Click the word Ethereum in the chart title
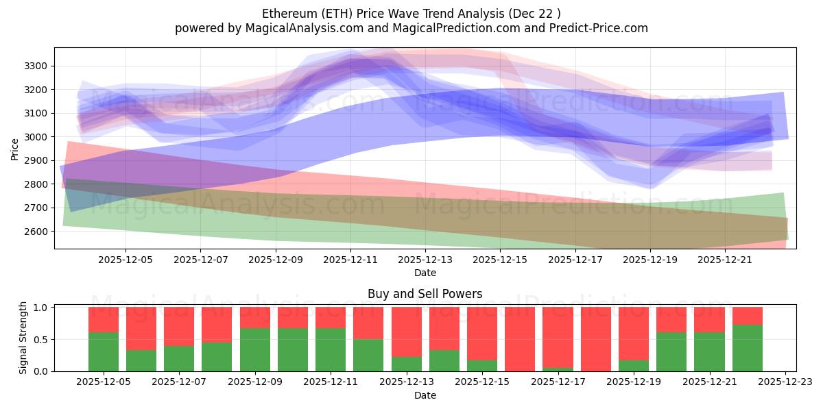(x=285, y=14)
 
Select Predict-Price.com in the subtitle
(x=594, y=28)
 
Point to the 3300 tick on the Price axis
(x=37, y=66)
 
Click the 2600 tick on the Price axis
(x=37, y=232)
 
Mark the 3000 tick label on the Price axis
(x=37, y=137)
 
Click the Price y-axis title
(x=15, y=149)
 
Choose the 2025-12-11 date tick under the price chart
(x=350, y=260)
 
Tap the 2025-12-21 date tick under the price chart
(x=726, y=260)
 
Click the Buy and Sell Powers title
(x=425, y=294)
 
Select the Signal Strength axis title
(x=23, y=338)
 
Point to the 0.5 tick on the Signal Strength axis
(x=41, y=339)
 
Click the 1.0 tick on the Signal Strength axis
(x=41, y=308)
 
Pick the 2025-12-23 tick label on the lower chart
(x=785, y=382)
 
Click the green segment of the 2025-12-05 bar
(x=104, y=351)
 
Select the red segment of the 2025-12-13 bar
(x=407, y=332)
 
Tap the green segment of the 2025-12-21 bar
(x=709, y=351)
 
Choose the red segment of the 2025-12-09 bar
(x=255, y=317)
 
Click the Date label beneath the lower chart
(x=425, y=395)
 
